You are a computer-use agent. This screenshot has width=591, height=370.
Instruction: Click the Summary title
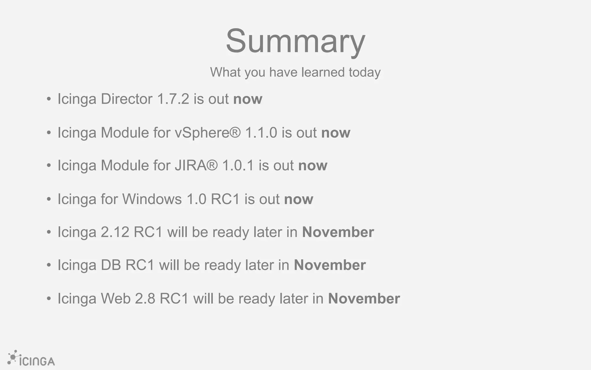(295, 41)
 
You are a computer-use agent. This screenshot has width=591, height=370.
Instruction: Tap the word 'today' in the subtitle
(364, 72)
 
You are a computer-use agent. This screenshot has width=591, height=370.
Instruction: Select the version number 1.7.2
(173, 99)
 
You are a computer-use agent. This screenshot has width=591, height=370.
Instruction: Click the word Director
(126, 99)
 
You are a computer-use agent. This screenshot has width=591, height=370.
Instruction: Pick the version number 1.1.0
(261, 133)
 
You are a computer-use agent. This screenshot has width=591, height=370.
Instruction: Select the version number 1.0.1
(238, 166)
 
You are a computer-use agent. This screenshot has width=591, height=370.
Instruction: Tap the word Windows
(152, 199)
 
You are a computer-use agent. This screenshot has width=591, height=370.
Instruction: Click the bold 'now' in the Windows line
(299, 199)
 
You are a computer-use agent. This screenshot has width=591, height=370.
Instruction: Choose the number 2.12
(115, 232)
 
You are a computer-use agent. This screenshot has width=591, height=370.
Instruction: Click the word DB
(111, 265)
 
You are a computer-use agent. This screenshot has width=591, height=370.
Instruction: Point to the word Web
(115, 299)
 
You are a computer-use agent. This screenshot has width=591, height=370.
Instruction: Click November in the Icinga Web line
(364, 299)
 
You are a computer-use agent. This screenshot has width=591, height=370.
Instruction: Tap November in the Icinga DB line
(330, 265)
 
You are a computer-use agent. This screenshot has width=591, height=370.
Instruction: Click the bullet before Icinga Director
(49, 99)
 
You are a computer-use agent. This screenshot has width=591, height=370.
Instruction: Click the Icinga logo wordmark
(37, 361)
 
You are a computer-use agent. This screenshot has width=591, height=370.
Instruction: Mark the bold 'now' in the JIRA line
(313, 166)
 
